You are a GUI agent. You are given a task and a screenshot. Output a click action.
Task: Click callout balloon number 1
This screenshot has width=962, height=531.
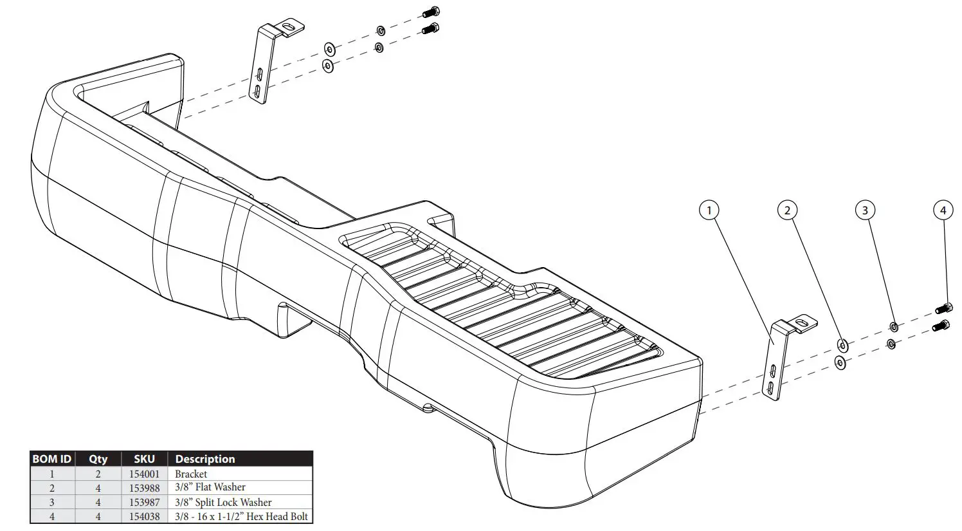coord(709,210)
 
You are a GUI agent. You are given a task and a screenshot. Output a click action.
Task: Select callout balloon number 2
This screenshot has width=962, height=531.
coord(787,210)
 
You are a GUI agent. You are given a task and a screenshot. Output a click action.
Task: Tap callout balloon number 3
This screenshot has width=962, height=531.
coord(865,210)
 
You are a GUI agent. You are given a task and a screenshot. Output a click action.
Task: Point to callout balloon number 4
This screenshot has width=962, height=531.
coord(943,210)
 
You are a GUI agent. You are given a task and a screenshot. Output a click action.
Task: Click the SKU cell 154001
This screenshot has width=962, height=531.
coord(144,474)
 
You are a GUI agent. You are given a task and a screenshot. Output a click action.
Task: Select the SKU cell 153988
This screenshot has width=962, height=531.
coord(144,488)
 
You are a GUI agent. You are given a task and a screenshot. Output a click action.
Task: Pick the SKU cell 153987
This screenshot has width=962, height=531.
coord(144,502)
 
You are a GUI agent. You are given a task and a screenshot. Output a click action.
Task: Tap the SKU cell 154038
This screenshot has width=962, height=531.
coord(144,516)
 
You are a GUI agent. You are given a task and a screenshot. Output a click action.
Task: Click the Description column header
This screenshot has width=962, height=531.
coord(205,459)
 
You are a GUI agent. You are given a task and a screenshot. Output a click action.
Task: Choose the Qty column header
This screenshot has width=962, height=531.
coord(98,459)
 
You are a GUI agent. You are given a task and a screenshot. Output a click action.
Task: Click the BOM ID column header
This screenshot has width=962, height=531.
coord(52,459)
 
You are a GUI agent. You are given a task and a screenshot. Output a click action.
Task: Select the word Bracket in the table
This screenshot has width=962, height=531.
coord(191,474)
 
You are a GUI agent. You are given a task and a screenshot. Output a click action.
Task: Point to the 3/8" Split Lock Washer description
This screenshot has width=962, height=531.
coord(223,502)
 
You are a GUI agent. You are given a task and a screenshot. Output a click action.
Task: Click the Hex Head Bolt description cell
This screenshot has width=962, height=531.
coord(241,516)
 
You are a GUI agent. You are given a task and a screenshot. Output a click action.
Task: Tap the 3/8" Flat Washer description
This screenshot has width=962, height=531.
coord(210,488)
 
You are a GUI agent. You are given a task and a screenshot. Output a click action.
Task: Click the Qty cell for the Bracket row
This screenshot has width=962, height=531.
coord(98,474)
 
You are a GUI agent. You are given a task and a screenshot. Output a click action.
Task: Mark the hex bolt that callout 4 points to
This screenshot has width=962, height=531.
coord(943,307)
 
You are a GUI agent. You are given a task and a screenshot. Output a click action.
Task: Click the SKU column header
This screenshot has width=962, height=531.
coord(144,459)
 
